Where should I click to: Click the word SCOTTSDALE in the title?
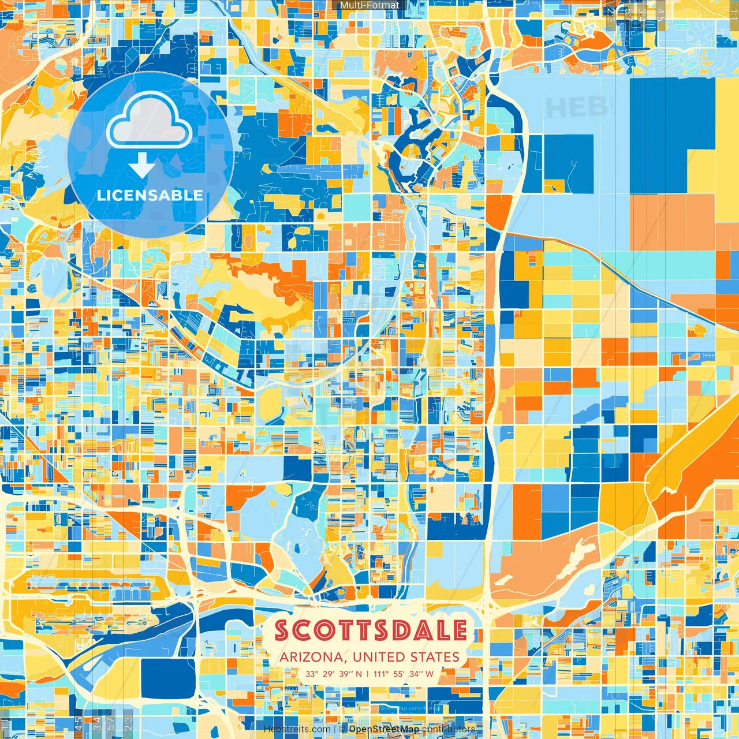pyautogui.click(x=371, y=630)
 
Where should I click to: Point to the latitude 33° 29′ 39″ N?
pyautogui.click(x=334, y=674)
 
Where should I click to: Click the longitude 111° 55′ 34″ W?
pyautogui.click(x=404, y=674)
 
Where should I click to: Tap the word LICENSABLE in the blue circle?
pyautogui.click(x=150, y=195)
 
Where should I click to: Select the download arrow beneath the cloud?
pyautogui.click(x=141, y=165)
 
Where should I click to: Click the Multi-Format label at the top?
pyautogui.click(x=369, y=5)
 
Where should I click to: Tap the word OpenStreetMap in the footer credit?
pyautogui.click(x=384, y=729)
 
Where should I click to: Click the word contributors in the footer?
pyautogui.click(x=449, y=729)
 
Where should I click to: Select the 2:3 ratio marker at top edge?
pyautogui.click(x=611, y=13)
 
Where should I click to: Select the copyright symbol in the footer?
pyautogui.click(x=342, y=729)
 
